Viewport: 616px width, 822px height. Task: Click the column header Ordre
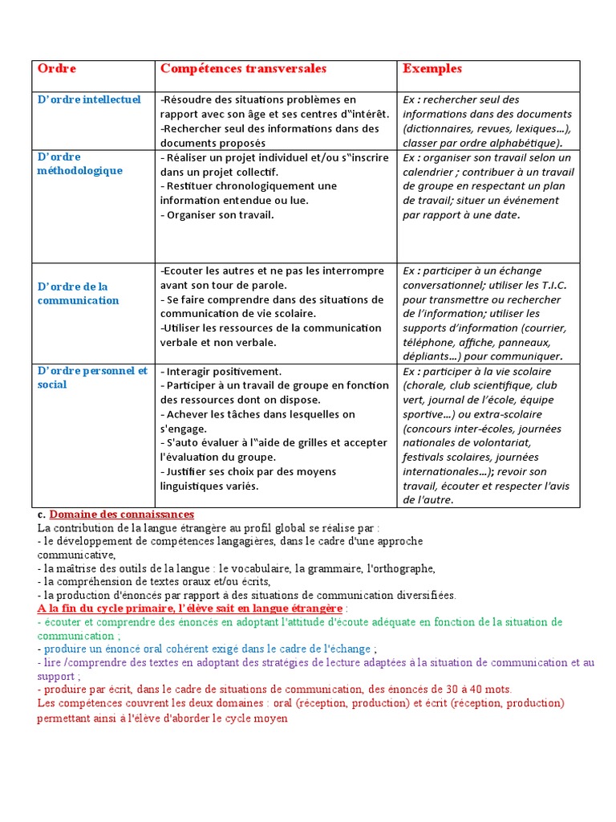(x=57, y=69)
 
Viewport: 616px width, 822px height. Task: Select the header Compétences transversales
(x=243, y=69)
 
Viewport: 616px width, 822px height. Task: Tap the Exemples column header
(x=432, y=69)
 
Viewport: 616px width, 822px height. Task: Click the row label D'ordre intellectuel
(x=89, y=100)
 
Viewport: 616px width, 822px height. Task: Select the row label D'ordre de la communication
(x=78, y=294)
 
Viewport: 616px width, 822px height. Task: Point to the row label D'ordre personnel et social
(x=92, y=377)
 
